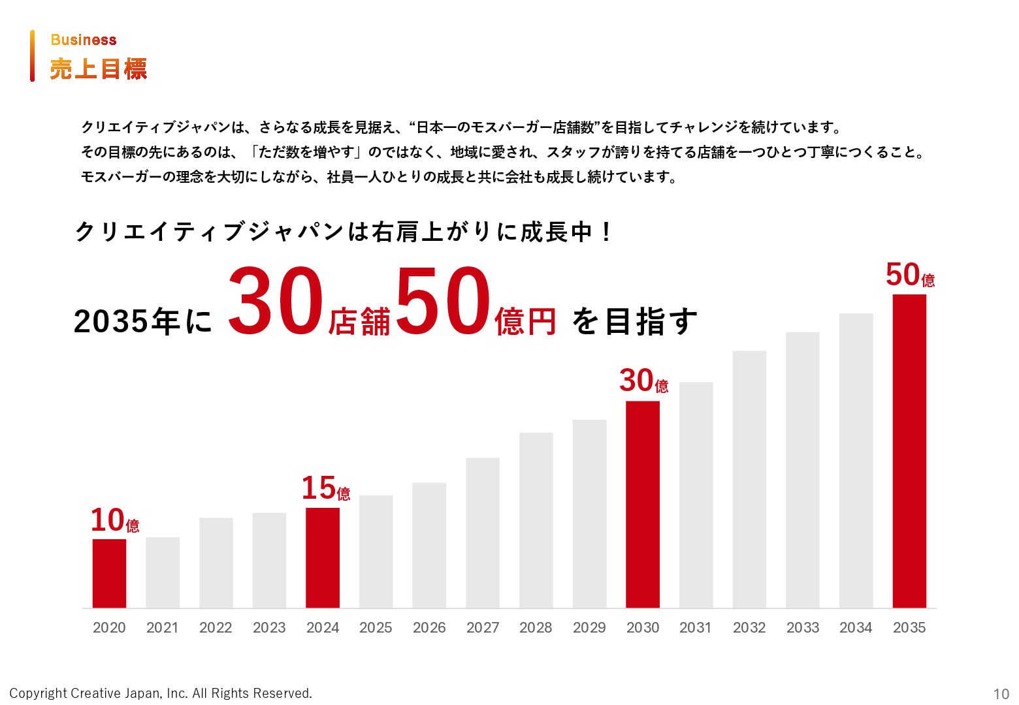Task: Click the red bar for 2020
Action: [x=109, y=573]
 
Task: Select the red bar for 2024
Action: [x=323, y=557]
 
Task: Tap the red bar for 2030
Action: [x=643, y=504]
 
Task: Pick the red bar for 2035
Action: [x=909, y=450]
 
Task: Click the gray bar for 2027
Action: [x=483, y=533]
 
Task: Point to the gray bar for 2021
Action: [x=163, y=572]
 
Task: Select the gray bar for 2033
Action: [x=803, y=470]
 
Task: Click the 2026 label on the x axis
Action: [x=429, y=628]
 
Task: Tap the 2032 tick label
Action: [x=749, y=628]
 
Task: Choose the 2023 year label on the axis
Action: [x=269, y=628]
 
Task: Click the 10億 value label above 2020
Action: [x=115, y=521]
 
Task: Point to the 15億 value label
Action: [x=325, y=489]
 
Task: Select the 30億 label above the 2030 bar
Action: [x=643, y=381]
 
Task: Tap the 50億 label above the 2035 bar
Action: [x=910, y=275]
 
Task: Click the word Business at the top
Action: [x=84, y=40]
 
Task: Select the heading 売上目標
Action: [x=99, y=69]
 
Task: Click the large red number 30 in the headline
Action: [x=276, y=303]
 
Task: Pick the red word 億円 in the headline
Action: [x=525, y=321]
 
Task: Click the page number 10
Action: [x=1001, y=694]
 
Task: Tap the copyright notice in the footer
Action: [x=161, y=693]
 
